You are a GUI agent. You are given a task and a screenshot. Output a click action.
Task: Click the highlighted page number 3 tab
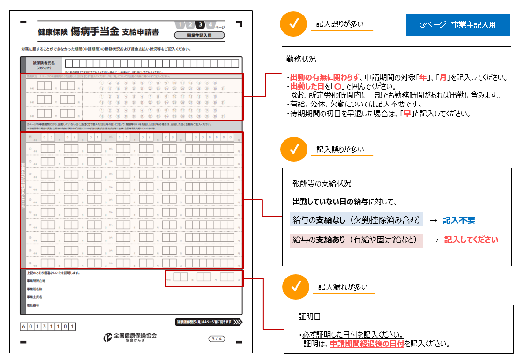click(x=200, y=25)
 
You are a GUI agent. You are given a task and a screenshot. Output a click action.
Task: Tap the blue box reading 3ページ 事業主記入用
click(x=457, y=25)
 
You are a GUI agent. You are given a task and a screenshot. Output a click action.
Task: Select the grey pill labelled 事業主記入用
click(x=199, y=36)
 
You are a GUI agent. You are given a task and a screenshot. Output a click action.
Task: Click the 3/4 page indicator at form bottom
click(x=217, y=338)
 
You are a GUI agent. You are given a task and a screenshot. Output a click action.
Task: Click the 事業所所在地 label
click(x=36, y=281)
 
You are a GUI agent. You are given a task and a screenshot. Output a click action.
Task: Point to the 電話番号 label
click(x=33, y=305)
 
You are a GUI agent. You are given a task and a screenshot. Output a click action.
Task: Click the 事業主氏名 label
click(x=35, y=297)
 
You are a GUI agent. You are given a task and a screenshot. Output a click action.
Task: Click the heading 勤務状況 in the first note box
click(x=301, y=60)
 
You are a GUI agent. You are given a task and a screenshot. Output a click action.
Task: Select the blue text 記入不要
click(x=459, y=220)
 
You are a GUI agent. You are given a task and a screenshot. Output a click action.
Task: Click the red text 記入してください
click(x=471, y=240)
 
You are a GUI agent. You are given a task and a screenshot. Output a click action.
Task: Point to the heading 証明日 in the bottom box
click(x=309, y=317)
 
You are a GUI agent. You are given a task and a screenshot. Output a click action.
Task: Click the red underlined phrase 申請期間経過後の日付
click(x=367, y=344)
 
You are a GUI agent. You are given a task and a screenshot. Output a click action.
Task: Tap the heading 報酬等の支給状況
click(x=322, y=183)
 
